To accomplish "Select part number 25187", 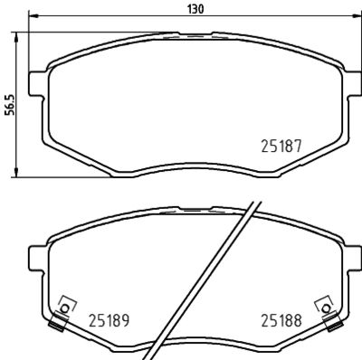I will [x=281, y=145].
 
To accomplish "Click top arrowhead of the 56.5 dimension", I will [x=19, y=33].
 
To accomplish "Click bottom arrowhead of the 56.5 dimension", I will [x=19, y=175].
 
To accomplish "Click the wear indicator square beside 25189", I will [x=63, y=304].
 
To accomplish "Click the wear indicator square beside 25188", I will [x=319, y=304].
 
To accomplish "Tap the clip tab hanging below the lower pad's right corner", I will [x=331, y=318].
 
